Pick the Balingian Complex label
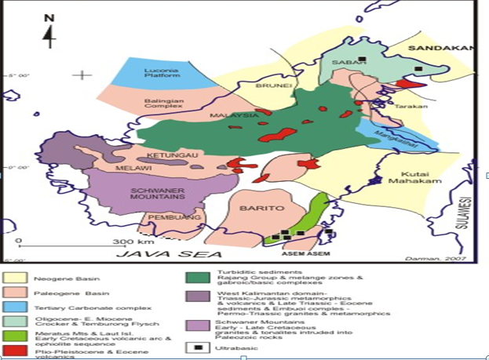coord(164,104)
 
